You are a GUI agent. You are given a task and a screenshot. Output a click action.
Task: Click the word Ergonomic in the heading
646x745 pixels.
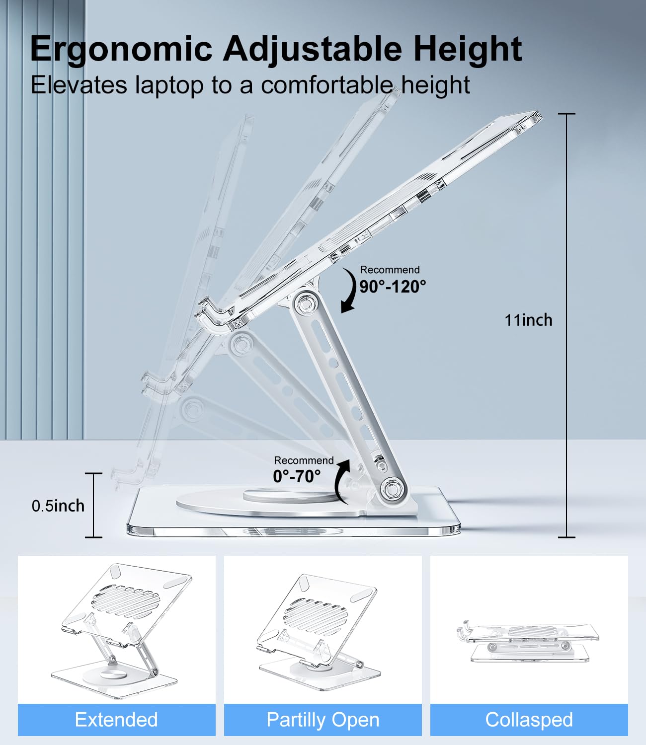point(121,50)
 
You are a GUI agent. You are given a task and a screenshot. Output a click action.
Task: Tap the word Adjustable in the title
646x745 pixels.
point(312,50)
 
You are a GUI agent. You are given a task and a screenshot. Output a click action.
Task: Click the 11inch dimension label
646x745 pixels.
point(528,320)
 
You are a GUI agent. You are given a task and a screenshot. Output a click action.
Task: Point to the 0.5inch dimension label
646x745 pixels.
point(58,506)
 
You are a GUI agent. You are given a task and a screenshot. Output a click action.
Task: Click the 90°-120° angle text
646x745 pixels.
point(393,287)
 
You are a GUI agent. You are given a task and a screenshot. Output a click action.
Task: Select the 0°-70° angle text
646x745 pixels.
point(297,477)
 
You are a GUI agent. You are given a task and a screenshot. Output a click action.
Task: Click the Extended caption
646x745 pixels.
point(116,720)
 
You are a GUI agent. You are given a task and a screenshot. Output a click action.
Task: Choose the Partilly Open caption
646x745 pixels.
point(323,720)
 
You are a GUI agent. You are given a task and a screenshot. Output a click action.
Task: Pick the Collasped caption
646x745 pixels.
point(529,720)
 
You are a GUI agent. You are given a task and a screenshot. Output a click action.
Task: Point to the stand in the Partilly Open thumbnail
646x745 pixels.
point(319,631)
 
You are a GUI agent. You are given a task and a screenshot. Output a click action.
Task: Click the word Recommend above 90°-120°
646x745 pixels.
point(390,270)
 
